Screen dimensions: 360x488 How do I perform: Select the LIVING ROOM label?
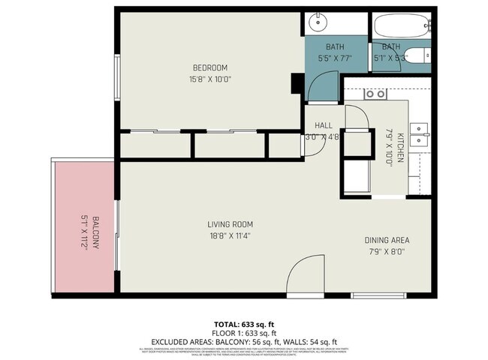pos(230,224)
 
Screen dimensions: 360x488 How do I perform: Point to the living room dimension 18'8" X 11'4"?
pos(230,236)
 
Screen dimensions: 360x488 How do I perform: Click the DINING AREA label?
pos(387,240)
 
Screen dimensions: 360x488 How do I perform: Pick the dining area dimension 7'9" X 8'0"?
pos(387,252)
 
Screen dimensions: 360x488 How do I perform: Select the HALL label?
pos(323,125)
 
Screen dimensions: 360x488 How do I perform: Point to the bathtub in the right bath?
pos(403,26)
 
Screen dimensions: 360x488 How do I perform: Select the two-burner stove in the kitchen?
pos(374,94)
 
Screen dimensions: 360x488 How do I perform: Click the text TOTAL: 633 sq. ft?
pos(243,324)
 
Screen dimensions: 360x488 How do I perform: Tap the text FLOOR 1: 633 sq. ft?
pos(243,332)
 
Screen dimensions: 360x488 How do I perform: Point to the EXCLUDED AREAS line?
pos(243,341)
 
